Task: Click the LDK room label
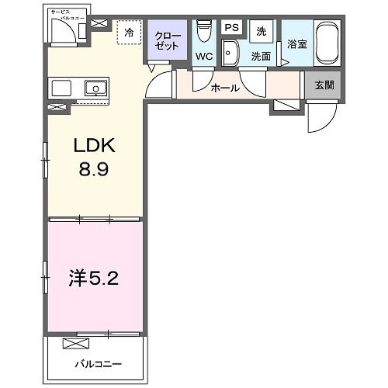[95, 146]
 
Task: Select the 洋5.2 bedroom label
[93, 277]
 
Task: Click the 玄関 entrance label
[324, 85]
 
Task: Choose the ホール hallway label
[225, 88]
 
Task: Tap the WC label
[205, 57]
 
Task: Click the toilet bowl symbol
[204, 31]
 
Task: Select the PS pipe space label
[230, 27]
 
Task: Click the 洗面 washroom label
[261, 57]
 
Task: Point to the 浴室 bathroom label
[297, 44]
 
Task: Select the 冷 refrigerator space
[130, 33]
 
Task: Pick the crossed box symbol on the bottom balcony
[76, 344]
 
